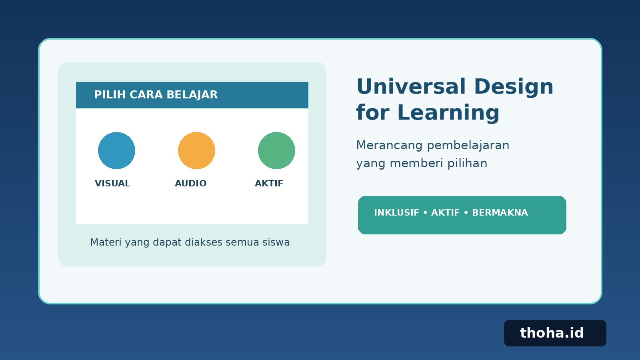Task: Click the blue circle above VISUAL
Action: coord(116,150)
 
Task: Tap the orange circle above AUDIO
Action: coord(196,150)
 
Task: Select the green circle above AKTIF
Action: coord(276,150)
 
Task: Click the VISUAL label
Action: coord(112,184)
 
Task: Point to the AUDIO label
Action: coord(190,184)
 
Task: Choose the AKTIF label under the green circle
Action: coord(269,184)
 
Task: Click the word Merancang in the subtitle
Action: coord(389,146)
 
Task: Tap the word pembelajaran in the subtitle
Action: coord(468,146)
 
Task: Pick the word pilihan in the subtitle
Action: coord(468,164)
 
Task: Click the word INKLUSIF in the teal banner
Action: coord(396,213)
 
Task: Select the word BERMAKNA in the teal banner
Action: coord(500,213)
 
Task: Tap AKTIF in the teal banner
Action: coord(446,213)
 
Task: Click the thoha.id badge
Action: coord(555,333)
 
